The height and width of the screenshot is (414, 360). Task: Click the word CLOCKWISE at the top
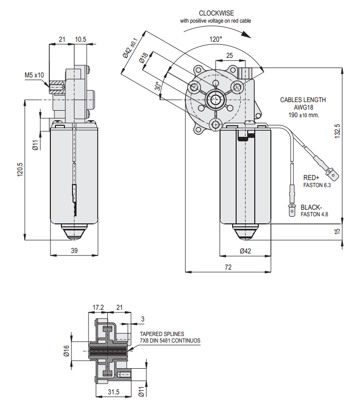click(x=216, y=13)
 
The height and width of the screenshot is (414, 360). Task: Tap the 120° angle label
click(x=216, y=39)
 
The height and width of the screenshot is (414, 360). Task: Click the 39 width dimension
click(x=74, y=251)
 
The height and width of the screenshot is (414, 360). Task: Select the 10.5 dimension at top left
click(x=81, y=39)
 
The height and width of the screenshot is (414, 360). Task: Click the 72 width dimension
click(x=228, y=268)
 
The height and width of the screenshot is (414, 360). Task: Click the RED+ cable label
click(x=311, y=178)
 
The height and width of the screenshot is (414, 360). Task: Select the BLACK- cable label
click(x=311, y=207)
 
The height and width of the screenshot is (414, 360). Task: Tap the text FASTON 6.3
click(x=316, y=185)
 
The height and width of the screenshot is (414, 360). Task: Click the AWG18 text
click(x=303, y=107)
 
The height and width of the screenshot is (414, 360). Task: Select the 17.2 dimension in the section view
click(x=98, y=307)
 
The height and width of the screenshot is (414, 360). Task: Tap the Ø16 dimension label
click(x=66, y=351)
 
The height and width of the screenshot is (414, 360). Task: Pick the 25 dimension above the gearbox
click(x=229, y=55)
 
